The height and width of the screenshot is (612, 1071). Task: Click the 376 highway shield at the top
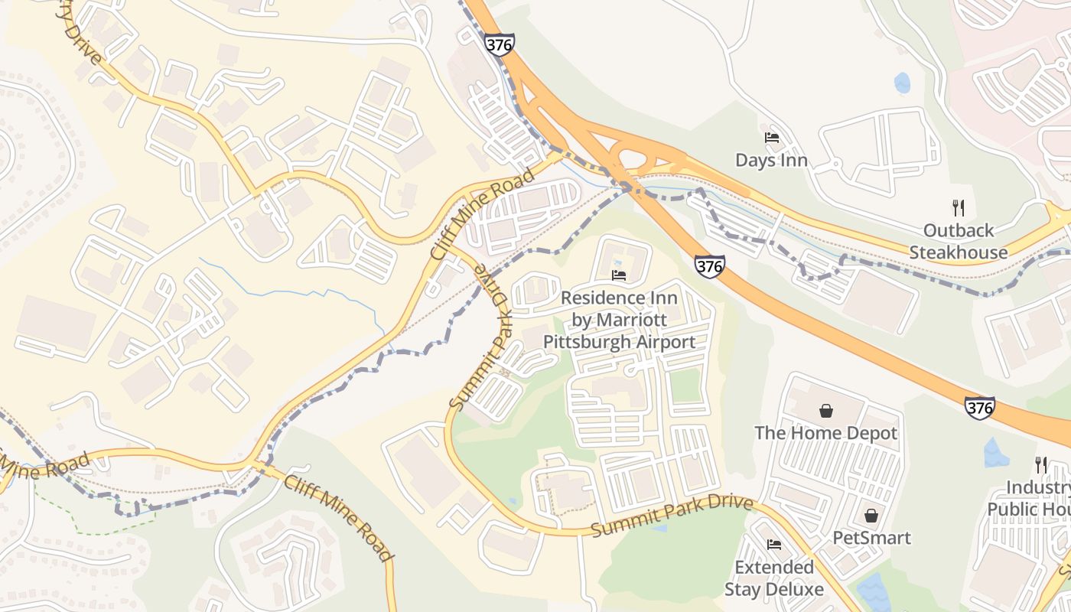point(499,44)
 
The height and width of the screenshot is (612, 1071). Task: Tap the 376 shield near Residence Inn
point(709,266)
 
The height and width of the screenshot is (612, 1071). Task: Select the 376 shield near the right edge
point(979,407)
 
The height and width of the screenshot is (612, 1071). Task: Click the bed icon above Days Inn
point(772,138)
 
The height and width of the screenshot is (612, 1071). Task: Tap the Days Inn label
point(771,161)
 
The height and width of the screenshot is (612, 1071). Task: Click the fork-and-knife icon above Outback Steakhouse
point(957,207)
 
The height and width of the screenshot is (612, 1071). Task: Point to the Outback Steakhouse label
point(959,241)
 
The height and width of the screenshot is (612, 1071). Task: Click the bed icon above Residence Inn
point(619,275)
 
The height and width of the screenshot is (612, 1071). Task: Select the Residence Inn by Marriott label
point(619,319)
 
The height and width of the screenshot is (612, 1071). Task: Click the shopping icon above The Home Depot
point(826,412)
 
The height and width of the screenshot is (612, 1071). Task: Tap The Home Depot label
point(825,433)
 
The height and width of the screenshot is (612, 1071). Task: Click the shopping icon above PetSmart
point(871,516)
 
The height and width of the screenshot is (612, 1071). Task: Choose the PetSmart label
point(871,538)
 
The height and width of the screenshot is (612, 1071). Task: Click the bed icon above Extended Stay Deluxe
point(773,545)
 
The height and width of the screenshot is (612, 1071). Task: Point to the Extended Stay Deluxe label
point(773,578)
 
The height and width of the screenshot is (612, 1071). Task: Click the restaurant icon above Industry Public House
point(1040,464)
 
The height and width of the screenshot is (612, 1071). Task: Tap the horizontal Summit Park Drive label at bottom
point(672,517)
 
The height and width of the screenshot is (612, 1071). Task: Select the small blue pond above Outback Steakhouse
point(903,83)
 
